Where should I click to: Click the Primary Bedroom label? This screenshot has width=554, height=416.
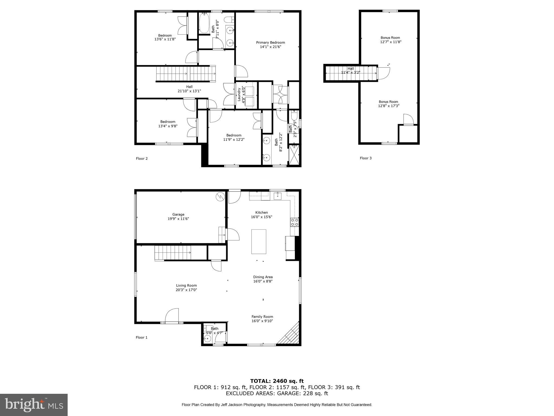(x=271, y=43)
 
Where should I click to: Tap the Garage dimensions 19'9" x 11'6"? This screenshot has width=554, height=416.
(x=178, y=219)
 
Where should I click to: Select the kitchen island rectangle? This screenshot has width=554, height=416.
(x=259, y=242)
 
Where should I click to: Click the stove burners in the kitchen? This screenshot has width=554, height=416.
(x=295, y=222)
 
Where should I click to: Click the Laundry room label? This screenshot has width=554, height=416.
(x=239, y=95)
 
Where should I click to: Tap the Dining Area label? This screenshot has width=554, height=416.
(x=263, y=277)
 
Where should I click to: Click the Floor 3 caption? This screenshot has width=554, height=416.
(x=365, y=158)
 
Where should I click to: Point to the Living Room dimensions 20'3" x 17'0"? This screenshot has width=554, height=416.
(x=186, y=290)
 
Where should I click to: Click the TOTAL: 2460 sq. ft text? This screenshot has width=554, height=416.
(x=277, y=381)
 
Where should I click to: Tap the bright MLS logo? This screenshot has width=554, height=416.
(x=34, y=405)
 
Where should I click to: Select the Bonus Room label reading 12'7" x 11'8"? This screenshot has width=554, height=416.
(x=391, y=42)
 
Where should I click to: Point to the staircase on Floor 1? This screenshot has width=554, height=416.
(x=173, y=252)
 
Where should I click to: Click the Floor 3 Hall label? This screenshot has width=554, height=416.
(x=351, y=69)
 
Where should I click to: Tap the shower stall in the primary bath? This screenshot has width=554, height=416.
(x=294, y=155)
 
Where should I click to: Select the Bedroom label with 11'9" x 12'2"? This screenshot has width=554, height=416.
(x=234, y=135)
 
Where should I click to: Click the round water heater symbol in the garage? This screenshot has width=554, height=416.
(x=220, y=197)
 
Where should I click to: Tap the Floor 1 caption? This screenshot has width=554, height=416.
(x=141, y=337)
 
